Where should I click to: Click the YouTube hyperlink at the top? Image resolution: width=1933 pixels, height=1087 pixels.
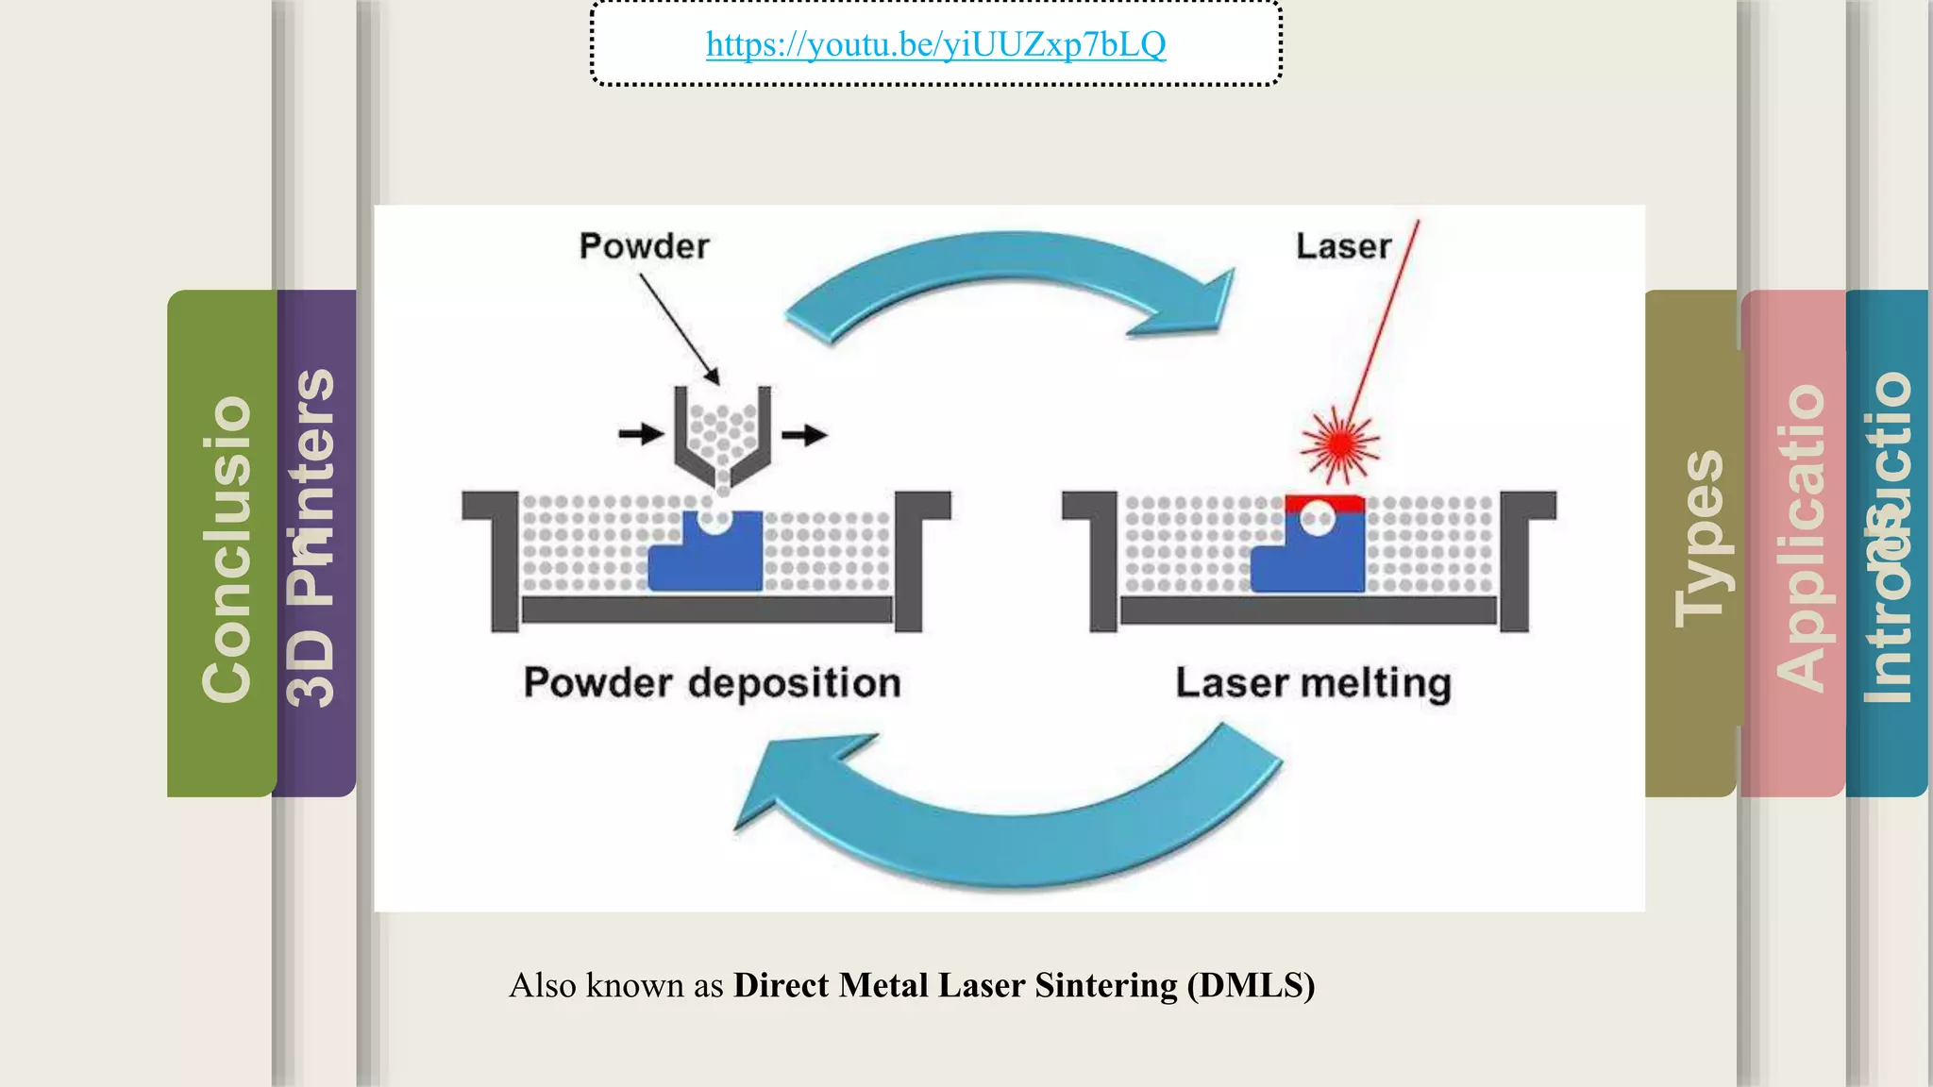coord(935,44)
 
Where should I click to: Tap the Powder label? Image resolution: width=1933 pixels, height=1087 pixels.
coord(644,246)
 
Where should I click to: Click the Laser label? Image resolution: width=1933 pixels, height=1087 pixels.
coord(1342,246)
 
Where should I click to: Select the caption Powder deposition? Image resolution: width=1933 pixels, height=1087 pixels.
coord(712,682)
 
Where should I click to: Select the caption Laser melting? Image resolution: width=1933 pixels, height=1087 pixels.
coord(1312,682)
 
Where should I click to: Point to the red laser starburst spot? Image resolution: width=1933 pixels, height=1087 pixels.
coord(1339,443)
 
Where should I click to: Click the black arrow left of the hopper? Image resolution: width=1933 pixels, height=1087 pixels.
coord(641,434)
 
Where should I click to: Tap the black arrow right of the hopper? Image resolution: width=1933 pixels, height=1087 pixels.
coord(804,434)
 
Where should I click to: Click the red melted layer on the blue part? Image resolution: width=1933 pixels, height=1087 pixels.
coord(1325,502)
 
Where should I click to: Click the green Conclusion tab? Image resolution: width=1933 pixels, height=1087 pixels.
coord(225,547)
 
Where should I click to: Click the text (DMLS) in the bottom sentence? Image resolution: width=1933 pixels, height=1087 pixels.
coord(1251,985)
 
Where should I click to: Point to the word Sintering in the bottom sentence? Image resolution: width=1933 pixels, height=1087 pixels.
coord(1106,985)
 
